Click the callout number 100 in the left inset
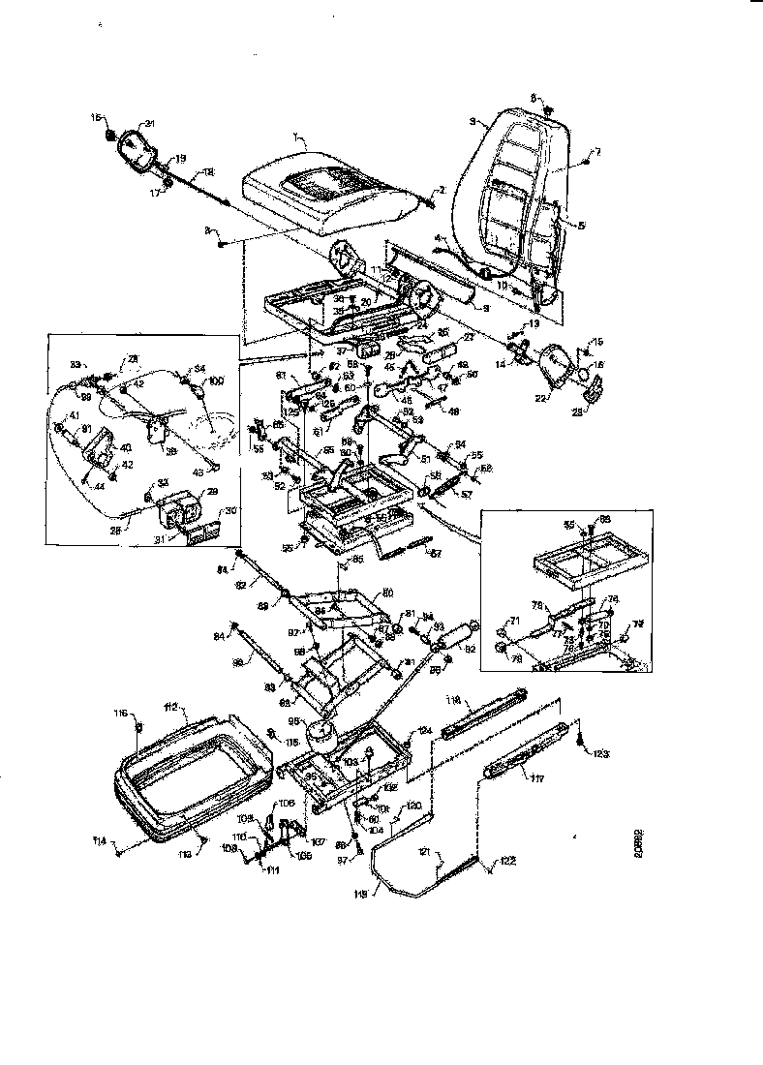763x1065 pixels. pyautogui.click(x=216, y=382)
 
